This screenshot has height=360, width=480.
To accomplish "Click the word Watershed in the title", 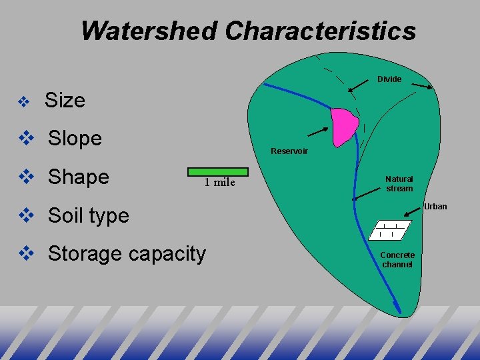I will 149,31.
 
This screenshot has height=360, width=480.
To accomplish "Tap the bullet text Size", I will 65,101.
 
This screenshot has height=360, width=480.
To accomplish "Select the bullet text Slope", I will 75,139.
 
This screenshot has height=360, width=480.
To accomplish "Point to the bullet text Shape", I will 78,177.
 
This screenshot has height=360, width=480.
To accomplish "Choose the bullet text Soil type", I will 89,215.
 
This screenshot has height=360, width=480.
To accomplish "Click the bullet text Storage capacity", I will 127,254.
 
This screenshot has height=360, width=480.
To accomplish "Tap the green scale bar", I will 218,171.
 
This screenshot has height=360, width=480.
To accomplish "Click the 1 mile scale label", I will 219,183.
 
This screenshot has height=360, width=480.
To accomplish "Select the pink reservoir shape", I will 345,126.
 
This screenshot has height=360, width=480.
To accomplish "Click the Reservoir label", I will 289,151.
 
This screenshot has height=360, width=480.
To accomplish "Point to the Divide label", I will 389,79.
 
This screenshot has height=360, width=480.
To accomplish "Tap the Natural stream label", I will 399,183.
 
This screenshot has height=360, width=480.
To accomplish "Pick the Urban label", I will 435,207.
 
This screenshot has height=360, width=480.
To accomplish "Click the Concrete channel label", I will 397,260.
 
